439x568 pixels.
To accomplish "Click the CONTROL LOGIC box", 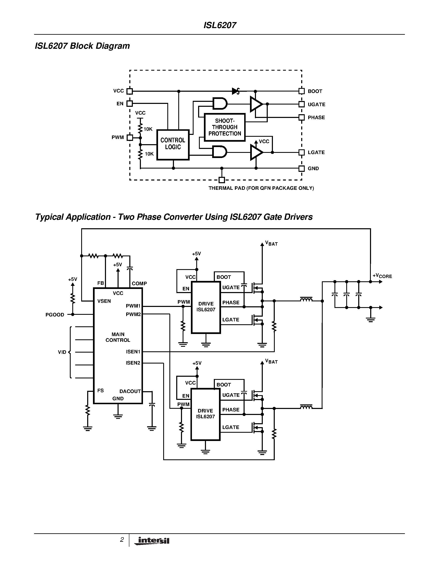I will tap(173, 145).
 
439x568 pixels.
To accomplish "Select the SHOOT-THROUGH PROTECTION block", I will tap(225, 127).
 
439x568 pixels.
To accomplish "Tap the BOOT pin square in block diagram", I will tap(301, 91).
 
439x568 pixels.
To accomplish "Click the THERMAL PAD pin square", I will tap(222, 180).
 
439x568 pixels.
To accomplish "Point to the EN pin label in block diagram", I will tap(120, 104).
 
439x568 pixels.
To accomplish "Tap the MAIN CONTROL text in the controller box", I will tap(118, 337).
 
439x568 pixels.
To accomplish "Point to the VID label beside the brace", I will tap(62, 352).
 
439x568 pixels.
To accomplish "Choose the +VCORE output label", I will tap(382, 276).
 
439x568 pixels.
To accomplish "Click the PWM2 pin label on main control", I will tap(133, 314).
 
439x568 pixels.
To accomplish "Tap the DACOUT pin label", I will tap(130, 391).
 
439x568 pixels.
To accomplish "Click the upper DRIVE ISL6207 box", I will tap(206, 307).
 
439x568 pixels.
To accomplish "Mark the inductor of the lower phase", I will tap(306, 407).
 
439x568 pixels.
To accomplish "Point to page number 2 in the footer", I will tap(122, 540).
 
